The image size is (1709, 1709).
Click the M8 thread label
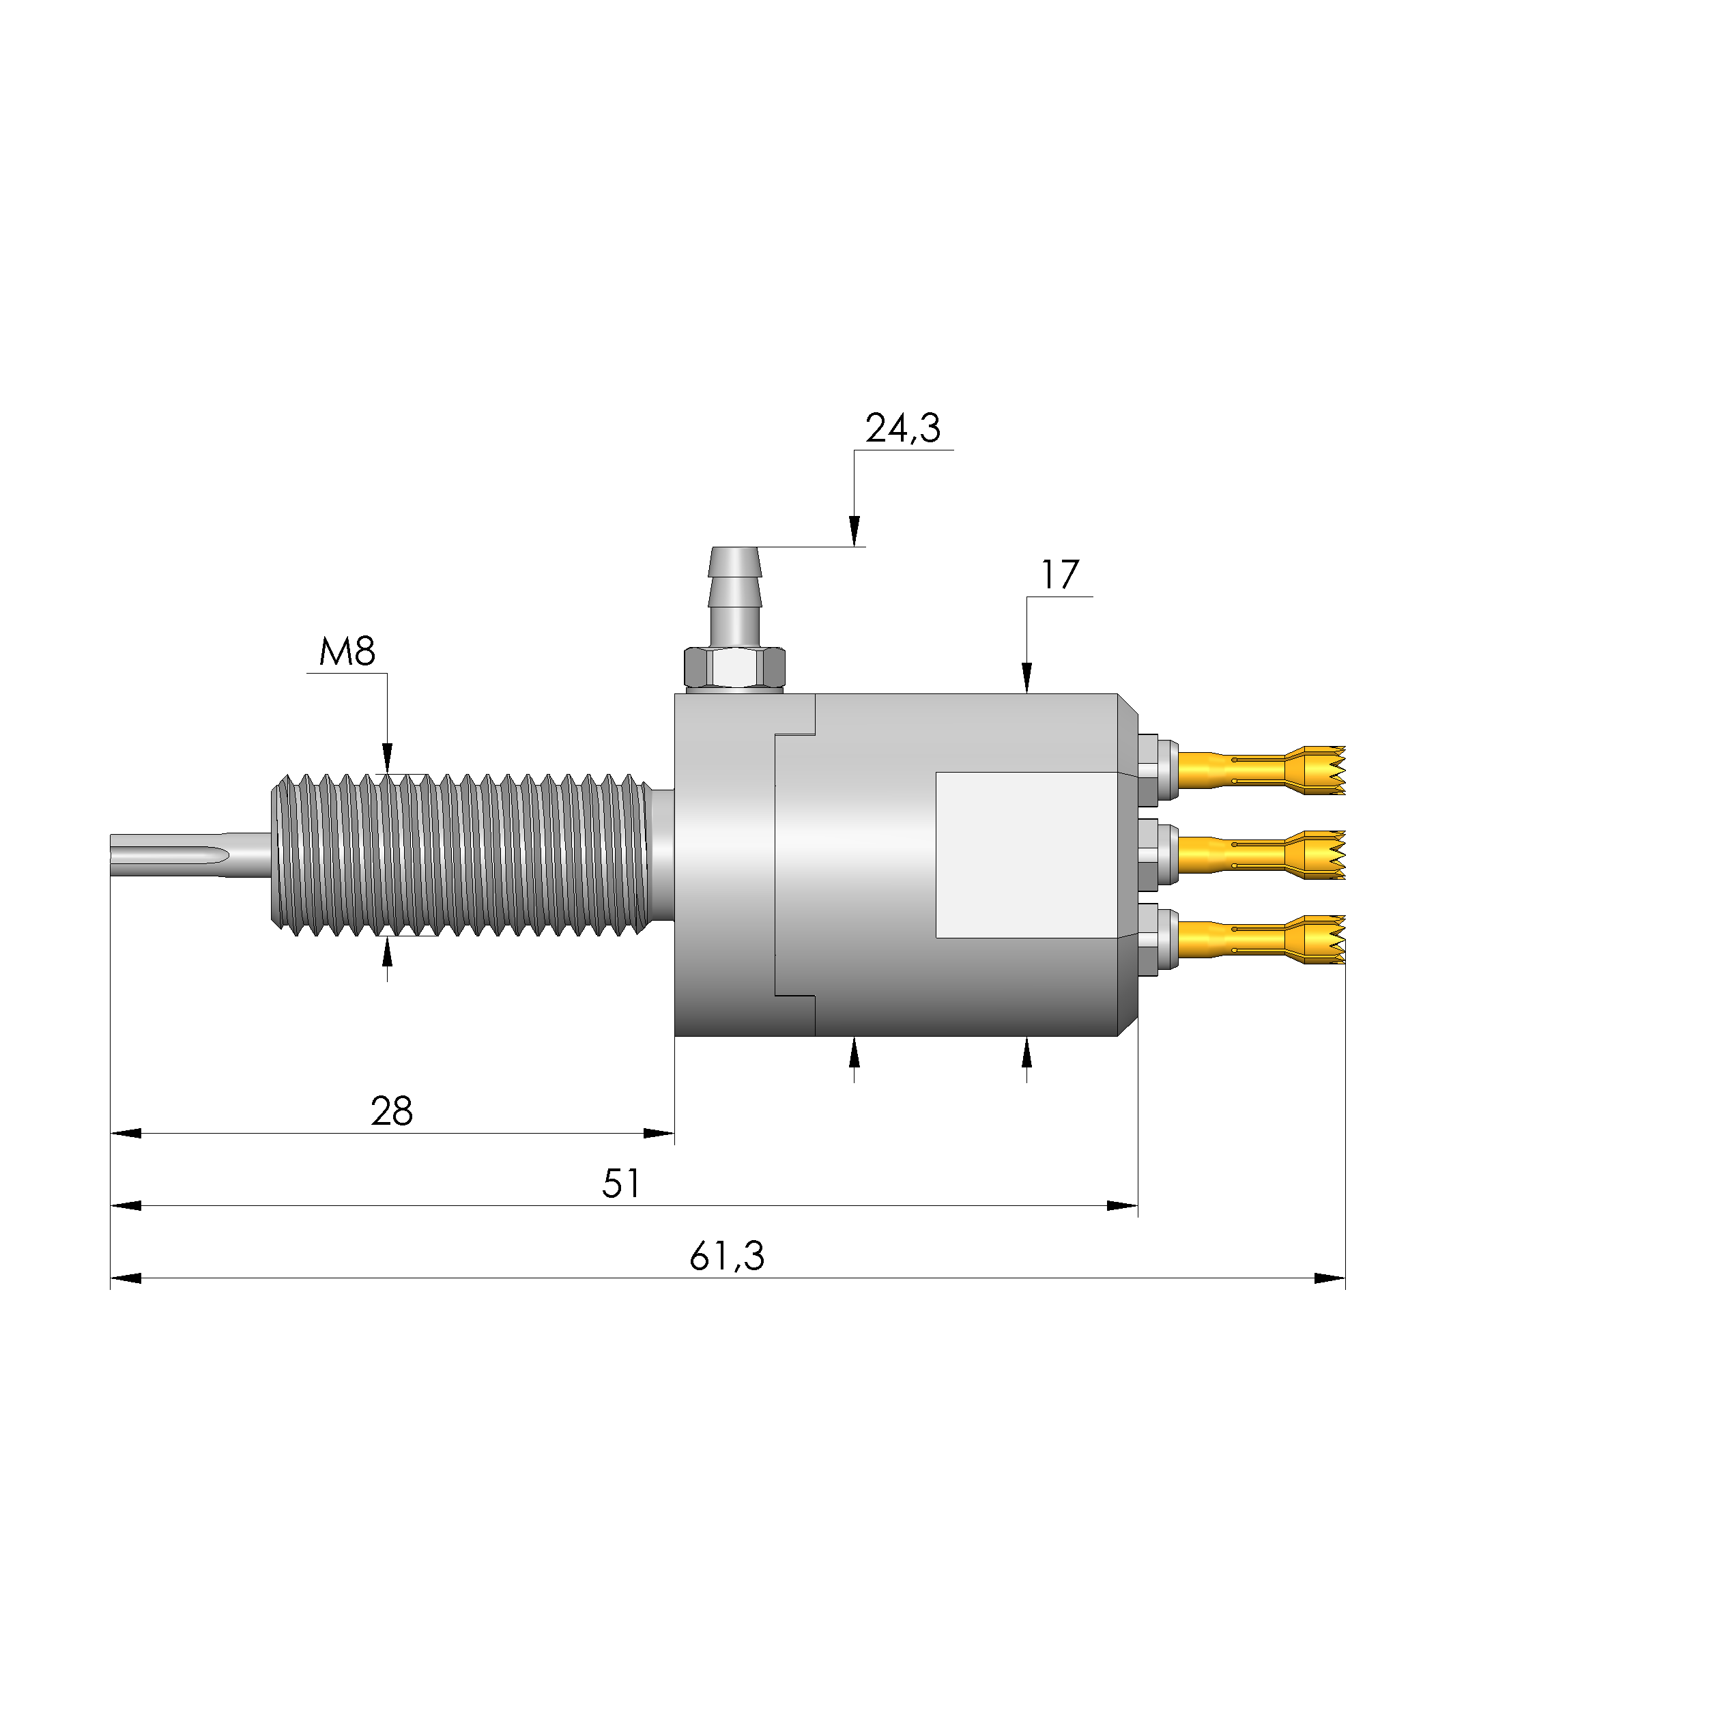[347, 652]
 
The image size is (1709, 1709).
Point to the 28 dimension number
[392, 1111]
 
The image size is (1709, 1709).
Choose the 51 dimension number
[621, 1183]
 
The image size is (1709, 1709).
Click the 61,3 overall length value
[727, 1256]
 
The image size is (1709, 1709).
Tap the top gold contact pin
[1261, 770]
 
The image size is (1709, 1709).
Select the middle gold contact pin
[1261, 855]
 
